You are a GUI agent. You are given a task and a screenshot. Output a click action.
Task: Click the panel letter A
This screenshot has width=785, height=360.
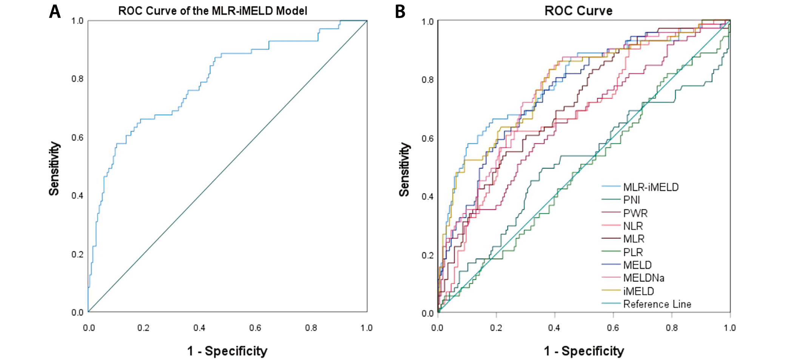click(x=55, y=12)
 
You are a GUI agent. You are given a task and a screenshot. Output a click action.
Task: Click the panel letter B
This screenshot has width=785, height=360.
click(x=400, y=12)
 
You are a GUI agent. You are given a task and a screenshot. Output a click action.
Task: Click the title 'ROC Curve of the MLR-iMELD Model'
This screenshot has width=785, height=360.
click(x=213, y=11)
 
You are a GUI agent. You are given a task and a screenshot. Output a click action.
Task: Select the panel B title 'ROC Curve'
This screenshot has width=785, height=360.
click(x=578, y=11)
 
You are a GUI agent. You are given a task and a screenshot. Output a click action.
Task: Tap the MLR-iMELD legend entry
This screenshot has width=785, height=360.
click(x=651, y=187)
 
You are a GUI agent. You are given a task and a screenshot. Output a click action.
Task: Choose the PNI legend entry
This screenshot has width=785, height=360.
click(x=631, y=200)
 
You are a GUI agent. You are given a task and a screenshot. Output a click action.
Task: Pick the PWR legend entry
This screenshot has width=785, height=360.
click(x=635, y=213)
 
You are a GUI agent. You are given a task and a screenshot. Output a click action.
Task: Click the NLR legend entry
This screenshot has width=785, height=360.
click(x=633, y=226)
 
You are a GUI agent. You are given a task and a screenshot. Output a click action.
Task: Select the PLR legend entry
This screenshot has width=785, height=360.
click(x=633, y=252)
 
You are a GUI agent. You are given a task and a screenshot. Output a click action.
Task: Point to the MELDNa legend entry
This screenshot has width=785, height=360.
click(x=643, y=278)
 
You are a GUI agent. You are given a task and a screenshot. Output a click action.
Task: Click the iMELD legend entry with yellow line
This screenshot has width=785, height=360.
click(x=638, y=291)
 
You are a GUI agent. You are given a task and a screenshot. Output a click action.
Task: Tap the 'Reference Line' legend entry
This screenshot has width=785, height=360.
click(x=657, y=304)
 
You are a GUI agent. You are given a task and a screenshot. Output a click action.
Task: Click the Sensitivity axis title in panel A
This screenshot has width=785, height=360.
click(x=54, y=168)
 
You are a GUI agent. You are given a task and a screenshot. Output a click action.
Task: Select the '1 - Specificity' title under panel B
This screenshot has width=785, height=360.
click(x=584, y=351)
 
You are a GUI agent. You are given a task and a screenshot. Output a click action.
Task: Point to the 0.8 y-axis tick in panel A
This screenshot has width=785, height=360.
click(x=77, y=79)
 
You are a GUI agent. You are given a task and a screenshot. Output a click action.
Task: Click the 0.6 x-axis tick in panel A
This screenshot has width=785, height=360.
click(x=255, y=328)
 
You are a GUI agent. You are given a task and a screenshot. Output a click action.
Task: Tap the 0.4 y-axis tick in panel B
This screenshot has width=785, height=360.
click(x=427, y=196)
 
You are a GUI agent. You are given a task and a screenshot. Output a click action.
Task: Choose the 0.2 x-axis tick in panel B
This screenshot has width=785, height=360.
click(x=496, y=328)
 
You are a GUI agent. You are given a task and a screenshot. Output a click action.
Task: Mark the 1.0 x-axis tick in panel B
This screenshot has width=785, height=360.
click(x=729, y=328)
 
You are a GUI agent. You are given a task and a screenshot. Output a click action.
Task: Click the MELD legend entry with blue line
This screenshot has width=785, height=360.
click(x=637, y=265)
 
